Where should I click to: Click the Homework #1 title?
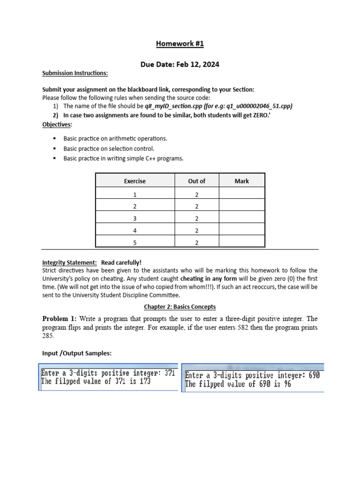180,44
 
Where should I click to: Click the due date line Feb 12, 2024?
180,64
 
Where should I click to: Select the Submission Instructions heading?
75,73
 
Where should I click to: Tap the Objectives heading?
57,124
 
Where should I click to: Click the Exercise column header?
135,181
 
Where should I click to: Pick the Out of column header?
196,181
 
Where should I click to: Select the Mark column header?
242,181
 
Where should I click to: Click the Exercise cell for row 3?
135,218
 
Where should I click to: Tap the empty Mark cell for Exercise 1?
242,194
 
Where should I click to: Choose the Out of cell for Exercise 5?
196,243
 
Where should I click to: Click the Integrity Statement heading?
69,262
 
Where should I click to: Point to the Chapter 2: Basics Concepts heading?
180,307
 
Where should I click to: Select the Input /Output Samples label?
77,353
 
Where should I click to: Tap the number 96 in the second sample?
285,384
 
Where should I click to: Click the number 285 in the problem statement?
49,336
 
